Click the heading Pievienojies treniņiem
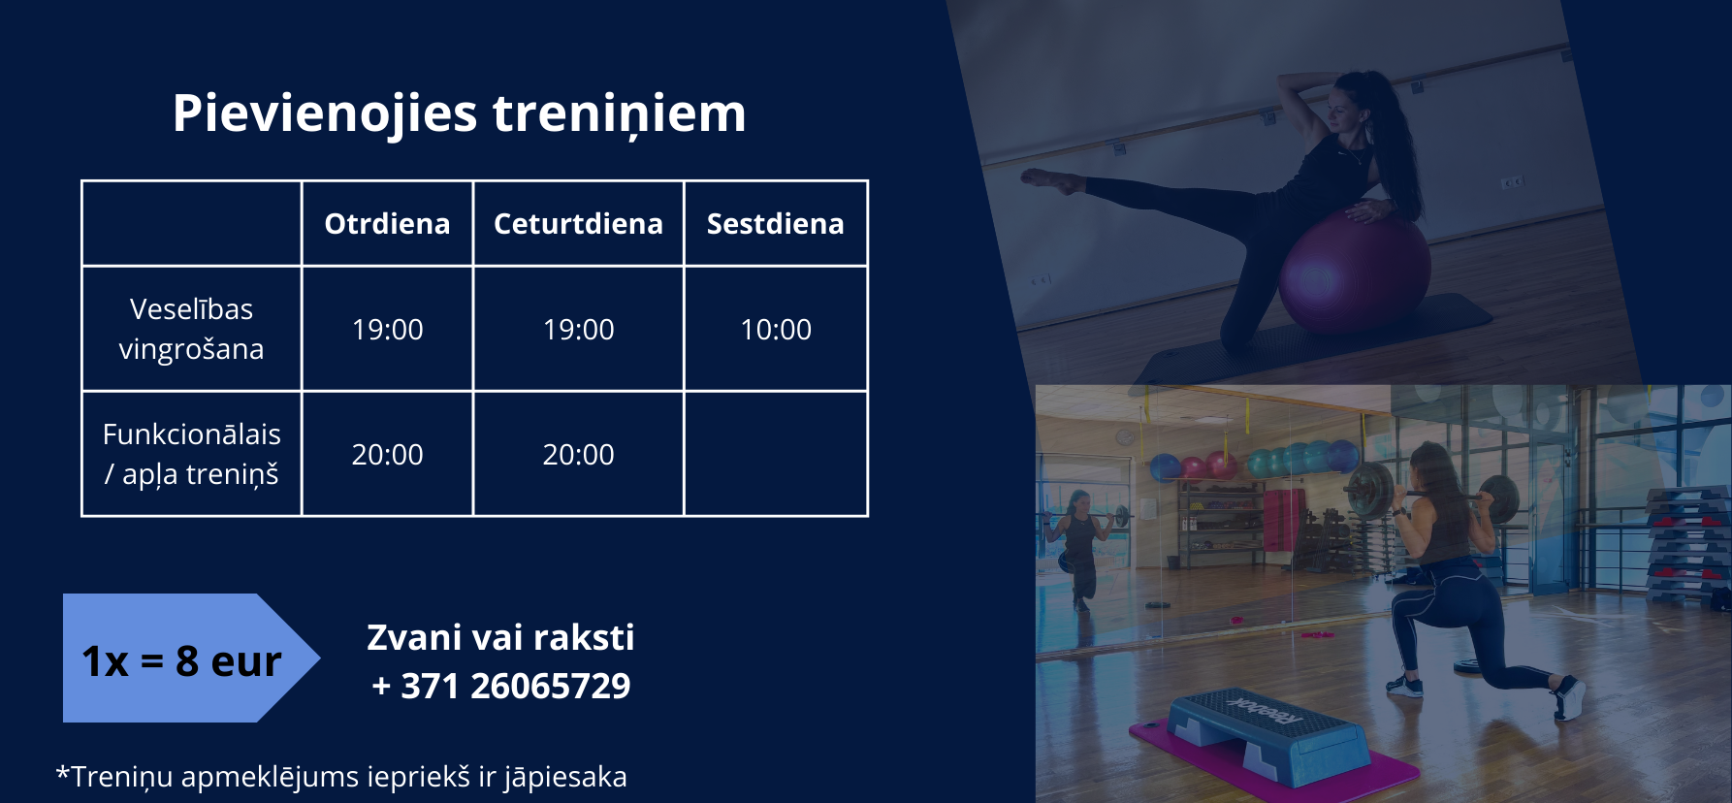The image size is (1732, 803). click(x=459, y=113)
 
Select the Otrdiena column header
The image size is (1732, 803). click(x=387, y=224)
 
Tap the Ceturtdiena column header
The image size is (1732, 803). click(x=578, y=224)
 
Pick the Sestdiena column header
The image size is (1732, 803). click(x=775, y=224)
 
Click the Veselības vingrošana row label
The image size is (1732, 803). click(x=191, y=329)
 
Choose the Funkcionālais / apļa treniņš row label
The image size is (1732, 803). click(x=191, y=454)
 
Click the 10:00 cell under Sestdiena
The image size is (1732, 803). click(x=776, y=330)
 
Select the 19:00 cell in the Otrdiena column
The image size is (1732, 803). click(x=387, y=330)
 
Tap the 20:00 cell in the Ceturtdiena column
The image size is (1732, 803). click(x=578, y=455)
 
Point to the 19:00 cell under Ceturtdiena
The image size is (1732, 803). click(x=578, y=330)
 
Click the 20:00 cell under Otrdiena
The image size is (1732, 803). click(x=387, y=455)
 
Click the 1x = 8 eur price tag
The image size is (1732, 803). click(x=190, y=658)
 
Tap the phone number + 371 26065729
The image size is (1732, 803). click(x=501, y=687)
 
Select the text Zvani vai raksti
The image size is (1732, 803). click(x=500, y=638)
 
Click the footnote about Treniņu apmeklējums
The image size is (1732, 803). click(x=341, y=777)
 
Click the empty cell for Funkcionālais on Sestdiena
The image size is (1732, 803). click(x=776, y=454)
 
